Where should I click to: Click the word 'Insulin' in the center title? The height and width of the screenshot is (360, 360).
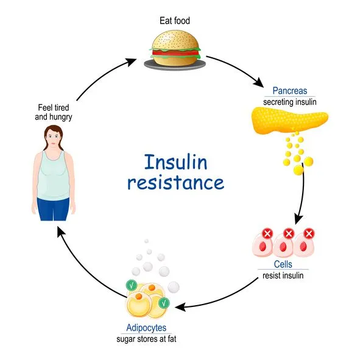point(175,162)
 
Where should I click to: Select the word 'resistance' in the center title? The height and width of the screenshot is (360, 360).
point(175,182)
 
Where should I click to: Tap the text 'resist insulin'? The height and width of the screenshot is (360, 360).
point(282,275)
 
